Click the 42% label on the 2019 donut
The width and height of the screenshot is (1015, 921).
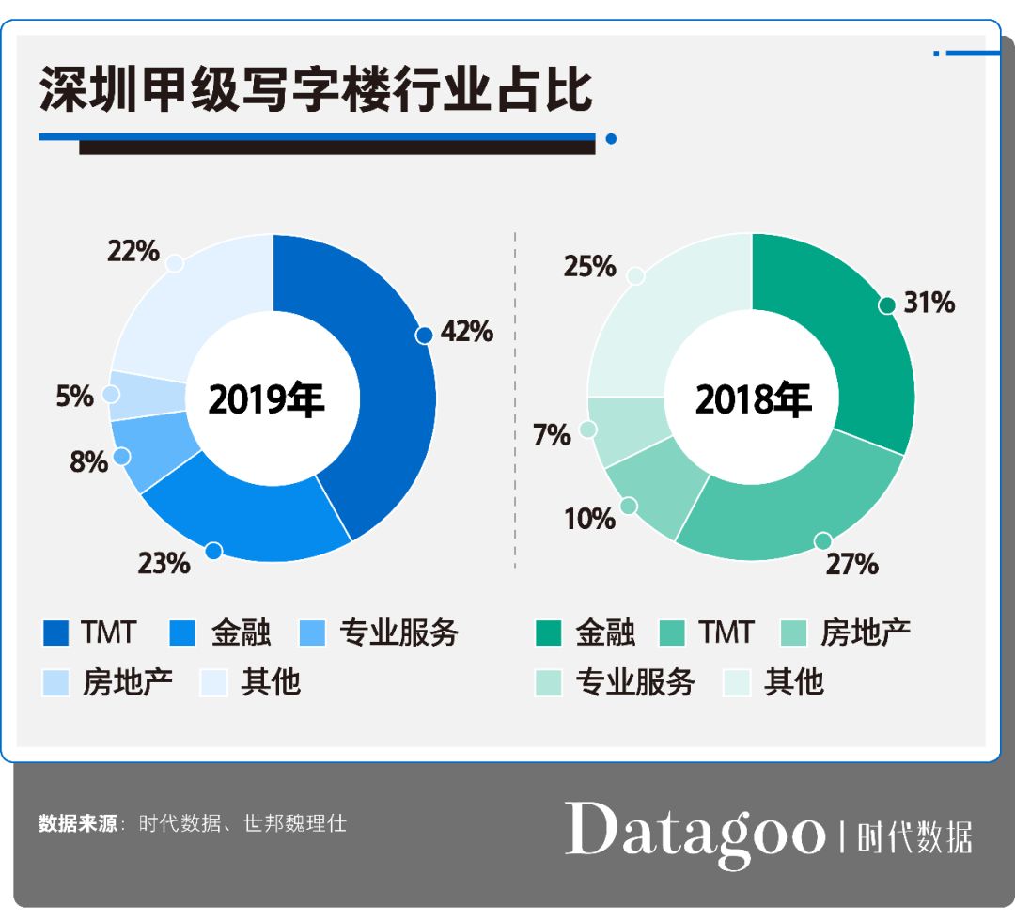(467, 332)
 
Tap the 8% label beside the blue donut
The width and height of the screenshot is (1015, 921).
(89, 461)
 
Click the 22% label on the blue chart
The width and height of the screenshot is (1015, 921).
(133, 251)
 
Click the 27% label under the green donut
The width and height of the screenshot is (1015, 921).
(852, 564)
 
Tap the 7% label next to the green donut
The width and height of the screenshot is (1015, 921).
(552, 435)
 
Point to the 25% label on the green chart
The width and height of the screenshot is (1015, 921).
(590, 267)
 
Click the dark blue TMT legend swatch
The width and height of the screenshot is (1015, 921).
(56, 633)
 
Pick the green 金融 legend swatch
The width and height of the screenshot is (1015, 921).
(550, 633)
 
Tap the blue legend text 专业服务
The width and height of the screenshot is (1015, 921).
(398, 633)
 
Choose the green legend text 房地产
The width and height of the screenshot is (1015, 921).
(865, 633)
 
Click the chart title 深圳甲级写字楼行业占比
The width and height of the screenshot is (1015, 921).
(316, 91)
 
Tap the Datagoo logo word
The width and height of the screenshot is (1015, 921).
(695, 831)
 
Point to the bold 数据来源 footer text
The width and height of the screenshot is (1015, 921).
(77, 823)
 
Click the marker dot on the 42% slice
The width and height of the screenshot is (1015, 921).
(424, 335)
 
